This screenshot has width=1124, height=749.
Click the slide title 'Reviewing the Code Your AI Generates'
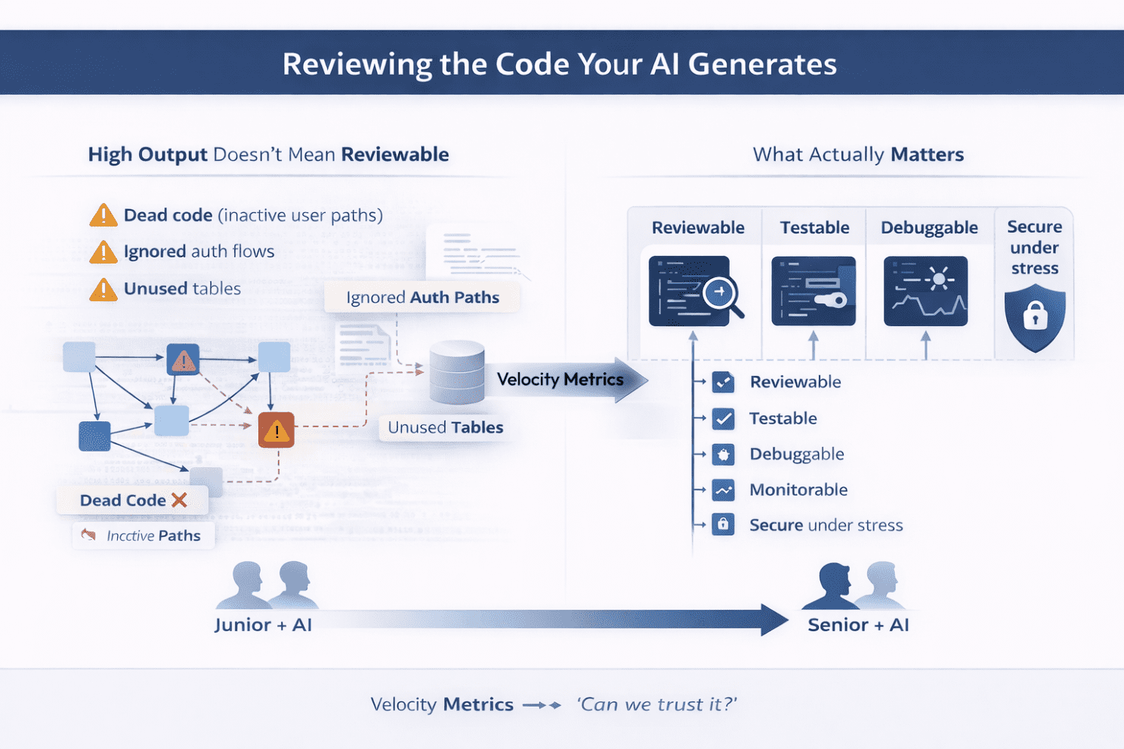tap(560, 64)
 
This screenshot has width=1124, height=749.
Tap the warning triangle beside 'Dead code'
tap(103, 216)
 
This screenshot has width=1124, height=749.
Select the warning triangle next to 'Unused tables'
tap(103, 289)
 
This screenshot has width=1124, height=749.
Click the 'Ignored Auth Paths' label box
tap(422, 297)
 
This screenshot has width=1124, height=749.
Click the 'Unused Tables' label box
tap(445, 427)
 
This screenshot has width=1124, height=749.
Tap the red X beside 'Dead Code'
tap(179, 500)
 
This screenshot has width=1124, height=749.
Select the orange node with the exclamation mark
tap(276, 430)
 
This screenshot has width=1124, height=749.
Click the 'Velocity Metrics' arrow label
tap(560, 379)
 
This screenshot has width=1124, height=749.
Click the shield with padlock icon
tap(1035, 317)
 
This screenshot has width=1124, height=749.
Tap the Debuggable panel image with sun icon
tap(925, 291)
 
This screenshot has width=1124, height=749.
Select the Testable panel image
tap(814, 291)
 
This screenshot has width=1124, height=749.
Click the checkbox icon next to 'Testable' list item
tap(723, 418)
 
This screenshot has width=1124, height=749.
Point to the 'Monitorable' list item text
tap(798, 489)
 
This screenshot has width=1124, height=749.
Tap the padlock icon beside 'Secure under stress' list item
tap(723, 525)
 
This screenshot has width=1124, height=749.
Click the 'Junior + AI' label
tap(263, 624)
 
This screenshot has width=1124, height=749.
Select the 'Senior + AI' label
tap(858, 624)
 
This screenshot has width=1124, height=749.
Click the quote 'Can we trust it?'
tap(656, 704)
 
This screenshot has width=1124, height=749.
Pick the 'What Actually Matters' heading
tap(858, 155)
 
